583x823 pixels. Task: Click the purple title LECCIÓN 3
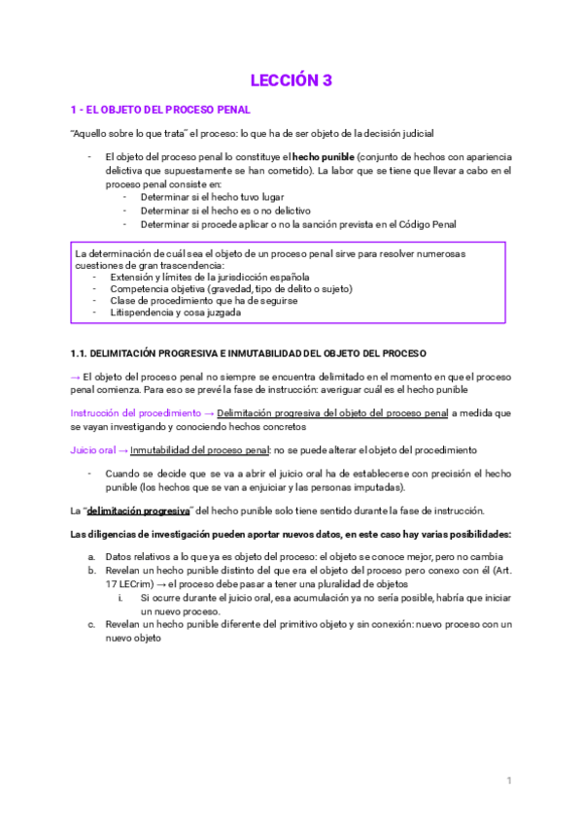pos(291,81)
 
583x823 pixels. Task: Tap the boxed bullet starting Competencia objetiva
pos(231,288)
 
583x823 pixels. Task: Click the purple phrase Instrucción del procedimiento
pos(129,412)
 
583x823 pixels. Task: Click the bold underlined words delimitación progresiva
pos(138,511)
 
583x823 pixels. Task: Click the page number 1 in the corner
pos(509,780)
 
